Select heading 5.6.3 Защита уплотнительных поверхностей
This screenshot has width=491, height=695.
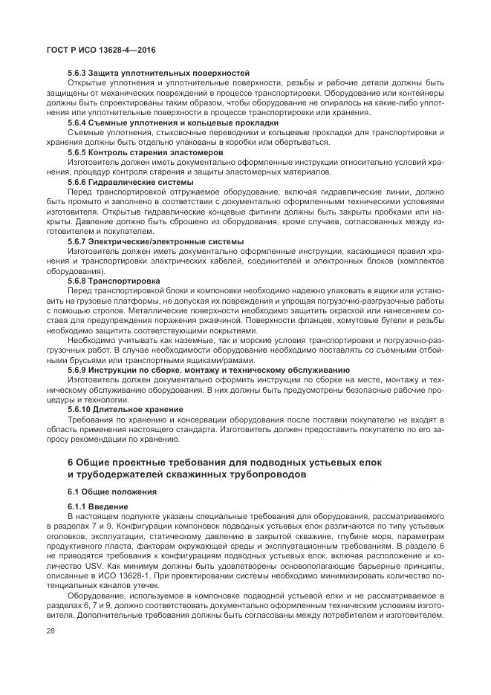tap(157, 73)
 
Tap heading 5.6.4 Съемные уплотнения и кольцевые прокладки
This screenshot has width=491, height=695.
tap(172, 123)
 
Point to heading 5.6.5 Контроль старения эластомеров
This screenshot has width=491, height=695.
tap(146, 152)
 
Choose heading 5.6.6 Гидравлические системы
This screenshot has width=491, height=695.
tap(130, 182)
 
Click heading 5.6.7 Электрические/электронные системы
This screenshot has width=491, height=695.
tap(155, 241)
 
